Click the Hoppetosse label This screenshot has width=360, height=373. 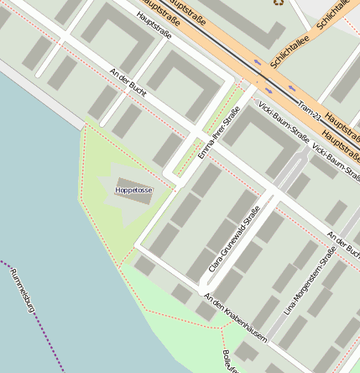click(133, 191)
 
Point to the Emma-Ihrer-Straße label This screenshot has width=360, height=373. click(213, 140)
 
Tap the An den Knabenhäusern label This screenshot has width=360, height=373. click(235, 317)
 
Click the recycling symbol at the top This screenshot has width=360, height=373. click(279, 3)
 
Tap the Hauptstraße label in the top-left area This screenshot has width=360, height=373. click(153, 25)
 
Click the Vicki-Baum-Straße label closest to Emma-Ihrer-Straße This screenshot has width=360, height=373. click(284, 122)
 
